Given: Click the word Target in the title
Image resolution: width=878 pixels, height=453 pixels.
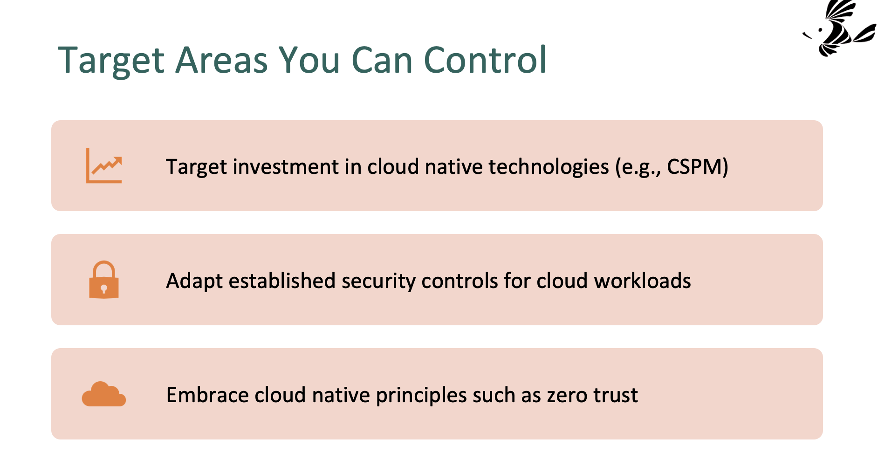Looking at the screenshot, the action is tap(111, 61).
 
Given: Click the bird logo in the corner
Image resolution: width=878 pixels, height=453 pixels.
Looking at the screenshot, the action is tap(839, 28).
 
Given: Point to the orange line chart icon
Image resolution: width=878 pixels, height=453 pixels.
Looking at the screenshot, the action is tap(104, 165).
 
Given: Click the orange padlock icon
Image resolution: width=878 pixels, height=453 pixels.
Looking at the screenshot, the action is tap(104, 280).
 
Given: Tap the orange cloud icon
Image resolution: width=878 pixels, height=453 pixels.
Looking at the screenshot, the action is tap(104, 394).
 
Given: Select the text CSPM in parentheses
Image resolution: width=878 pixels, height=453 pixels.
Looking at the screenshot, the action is tap(694, 166).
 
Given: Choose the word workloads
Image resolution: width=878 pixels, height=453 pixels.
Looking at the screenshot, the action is tap(642, 281).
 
